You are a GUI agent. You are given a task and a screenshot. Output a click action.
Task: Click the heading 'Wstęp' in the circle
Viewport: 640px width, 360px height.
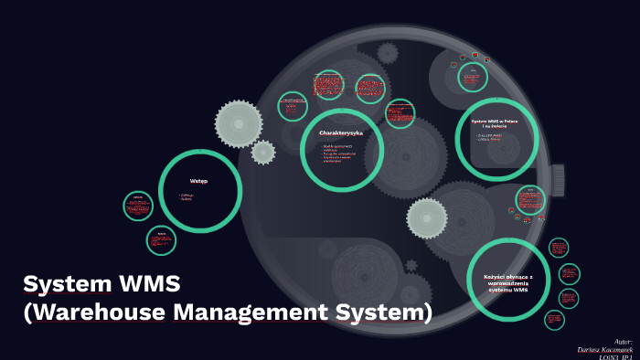[198, 181]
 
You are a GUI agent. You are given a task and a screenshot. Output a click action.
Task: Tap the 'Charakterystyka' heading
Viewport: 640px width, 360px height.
[340, 133]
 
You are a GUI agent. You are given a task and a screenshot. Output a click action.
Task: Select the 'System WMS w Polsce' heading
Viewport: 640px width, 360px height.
[495, 122]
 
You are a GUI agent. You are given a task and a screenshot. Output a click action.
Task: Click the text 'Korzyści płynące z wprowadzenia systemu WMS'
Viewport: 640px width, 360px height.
[507, 282]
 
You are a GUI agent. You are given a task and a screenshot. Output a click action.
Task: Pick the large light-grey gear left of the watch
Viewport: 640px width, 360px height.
[239, 122]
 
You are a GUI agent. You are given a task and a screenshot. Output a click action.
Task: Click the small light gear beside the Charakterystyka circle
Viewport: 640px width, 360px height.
[263, 152]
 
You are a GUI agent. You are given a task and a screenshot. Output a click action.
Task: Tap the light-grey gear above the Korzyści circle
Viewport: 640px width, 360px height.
[427, 217]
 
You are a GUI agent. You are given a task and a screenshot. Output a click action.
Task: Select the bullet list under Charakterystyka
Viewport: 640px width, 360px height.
[338, 153]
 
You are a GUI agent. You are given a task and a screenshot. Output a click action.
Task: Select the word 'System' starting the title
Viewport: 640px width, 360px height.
[63, 282]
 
